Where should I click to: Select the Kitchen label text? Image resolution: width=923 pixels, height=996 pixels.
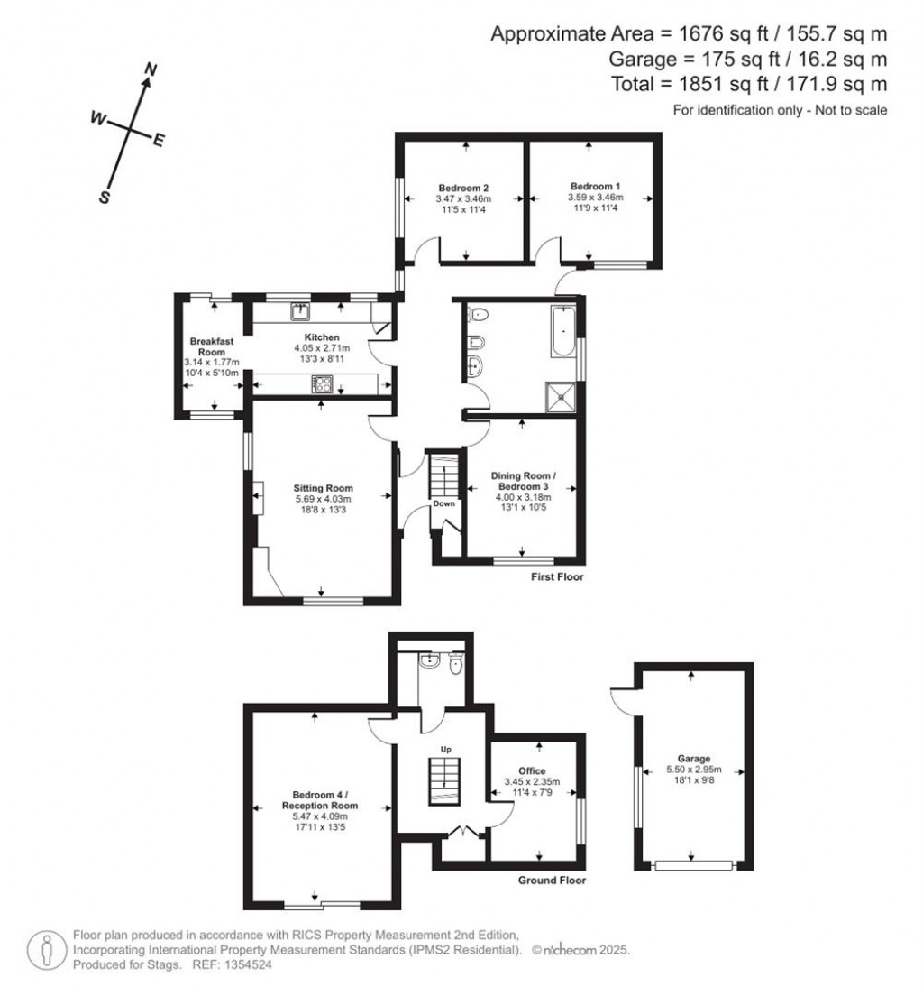click(x=321, y=337)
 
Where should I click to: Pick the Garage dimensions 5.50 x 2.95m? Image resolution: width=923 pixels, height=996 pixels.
click(x=694, y=770)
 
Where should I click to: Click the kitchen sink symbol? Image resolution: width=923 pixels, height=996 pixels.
click(x=300, y=311)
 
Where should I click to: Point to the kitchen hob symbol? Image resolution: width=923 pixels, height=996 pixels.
click(x=322, y=384)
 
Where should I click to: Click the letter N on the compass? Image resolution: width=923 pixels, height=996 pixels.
click(x=152, y=69)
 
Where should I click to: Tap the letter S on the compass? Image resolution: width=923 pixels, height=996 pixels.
click(x=104, y=198)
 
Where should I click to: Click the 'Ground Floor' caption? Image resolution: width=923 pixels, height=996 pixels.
click(x=552, y=880)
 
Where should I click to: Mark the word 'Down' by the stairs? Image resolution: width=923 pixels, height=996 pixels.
click(x=443, y=503)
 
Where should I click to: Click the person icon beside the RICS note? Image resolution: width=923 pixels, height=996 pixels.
click(x=45, y=950)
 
